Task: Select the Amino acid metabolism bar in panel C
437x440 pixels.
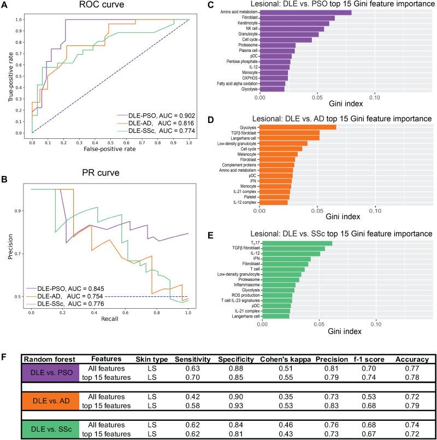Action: point(305,13)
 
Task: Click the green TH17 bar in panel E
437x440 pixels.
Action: point(297,243)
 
